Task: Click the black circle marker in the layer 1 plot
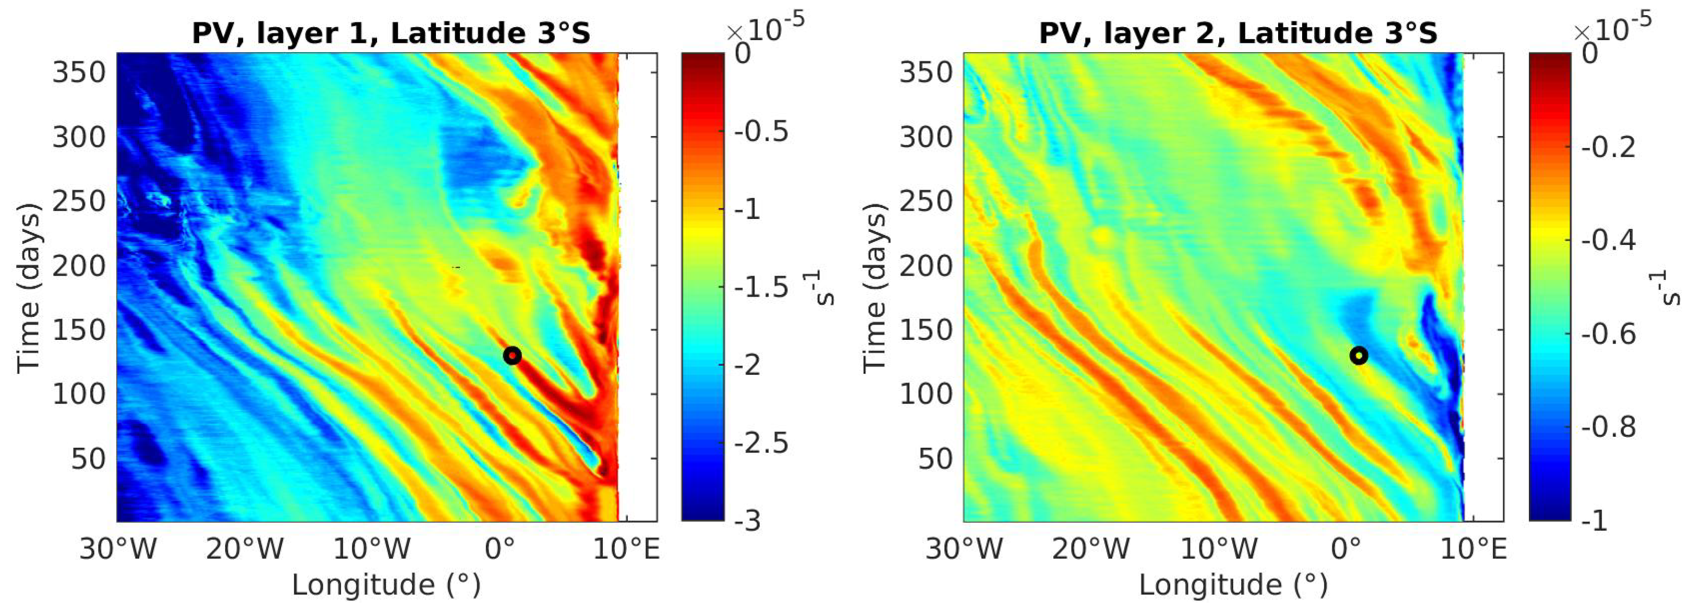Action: pos(512,355)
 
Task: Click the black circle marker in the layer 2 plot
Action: pos(1358,355)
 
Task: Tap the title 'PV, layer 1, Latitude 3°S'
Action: pos(391,33)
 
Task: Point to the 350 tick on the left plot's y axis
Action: pos(79,72)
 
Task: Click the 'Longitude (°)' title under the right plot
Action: pos(1233,584)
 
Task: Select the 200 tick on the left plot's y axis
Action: pos(79,266)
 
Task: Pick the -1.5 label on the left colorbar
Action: pos(760,287)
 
